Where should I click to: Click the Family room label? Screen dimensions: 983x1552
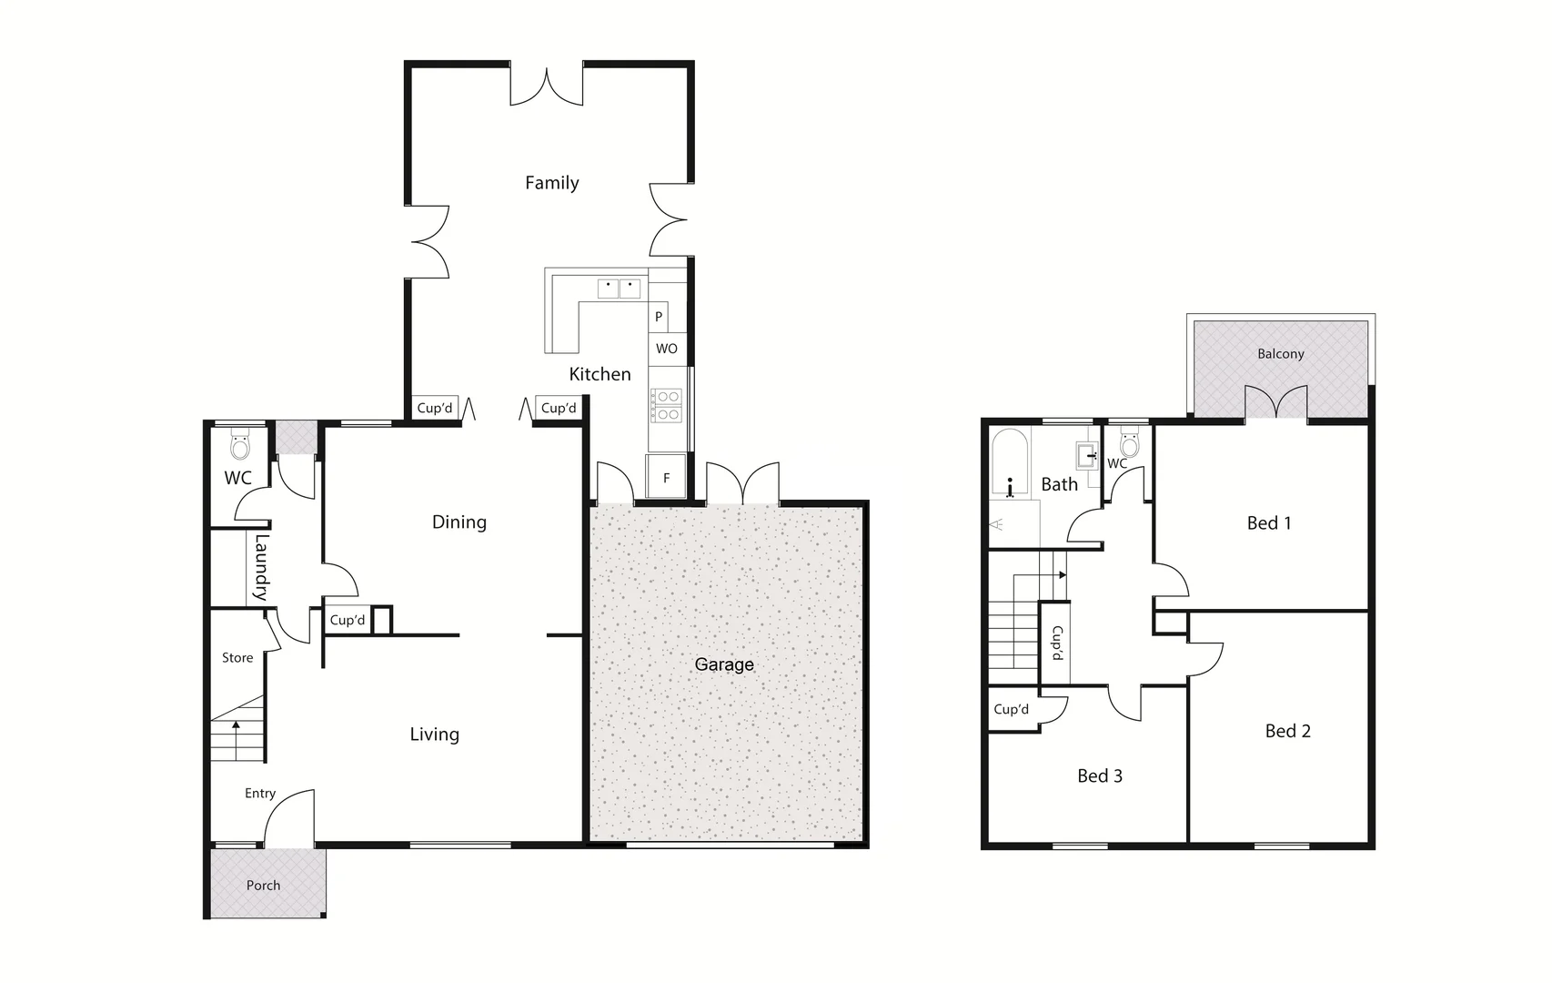551,183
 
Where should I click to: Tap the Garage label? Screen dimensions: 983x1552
724,664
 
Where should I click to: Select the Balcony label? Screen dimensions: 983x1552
1280,354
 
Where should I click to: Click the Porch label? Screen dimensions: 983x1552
263,885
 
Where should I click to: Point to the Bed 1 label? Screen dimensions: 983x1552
1268,522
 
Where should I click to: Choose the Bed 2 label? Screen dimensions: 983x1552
1287,731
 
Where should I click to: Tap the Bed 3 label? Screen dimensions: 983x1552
1099,775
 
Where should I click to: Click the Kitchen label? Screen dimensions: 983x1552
600,374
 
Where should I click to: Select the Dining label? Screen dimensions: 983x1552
459,522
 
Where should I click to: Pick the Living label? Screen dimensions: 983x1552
434,735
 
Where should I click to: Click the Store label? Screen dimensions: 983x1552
237,657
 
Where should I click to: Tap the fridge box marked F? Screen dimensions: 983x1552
666,478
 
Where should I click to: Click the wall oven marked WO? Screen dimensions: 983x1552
666,349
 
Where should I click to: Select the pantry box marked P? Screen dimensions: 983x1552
659,317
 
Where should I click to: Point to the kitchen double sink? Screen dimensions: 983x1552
619,289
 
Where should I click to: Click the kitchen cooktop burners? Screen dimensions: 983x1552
667,406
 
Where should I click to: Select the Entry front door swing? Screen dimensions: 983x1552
289,816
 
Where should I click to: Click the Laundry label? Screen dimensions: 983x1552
261,566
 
